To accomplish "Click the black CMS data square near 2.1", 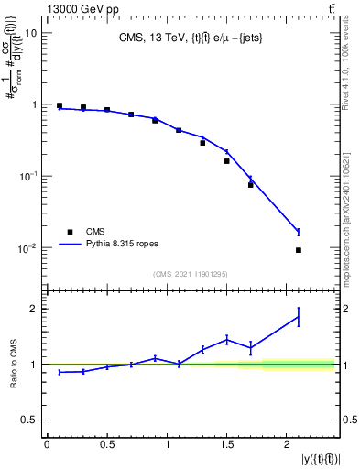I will pos(299,250).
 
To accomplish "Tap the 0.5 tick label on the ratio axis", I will pos(28,420).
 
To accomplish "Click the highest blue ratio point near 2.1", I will pos(299,317).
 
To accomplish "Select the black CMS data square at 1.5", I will pos(226,161).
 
